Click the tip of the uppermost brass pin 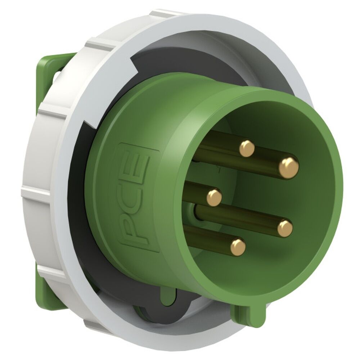tap(247, 148)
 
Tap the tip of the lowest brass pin tap(238, 247)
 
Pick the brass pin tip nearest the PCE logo tap(214, 197)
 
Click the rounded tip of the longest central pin tap(285, 228)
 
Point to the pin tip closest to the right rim tap(289, 168)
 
